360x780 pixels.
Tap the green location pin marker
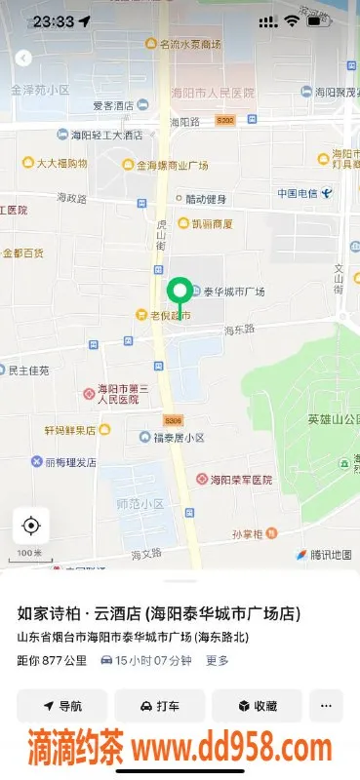click(179, 292)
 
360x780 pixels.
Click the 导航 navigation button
click(61, 706)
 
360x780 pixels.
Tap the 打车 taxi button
click(160, 706)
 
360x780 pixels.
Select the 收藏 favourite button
click(257, 706)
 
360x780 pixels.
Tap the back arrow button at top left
click(23, 58)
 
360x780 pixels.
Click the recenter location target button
click(30, 526)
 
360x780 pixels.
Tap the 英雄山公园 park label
click(332, 419)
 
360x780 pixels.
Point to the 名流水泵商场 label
click(190, 44)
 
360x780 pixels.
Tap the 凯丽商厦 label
click(211, 223)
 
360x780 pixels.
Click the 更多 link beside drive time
click(218, 660)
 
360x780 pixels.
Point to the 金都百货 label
click(22, 253)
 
